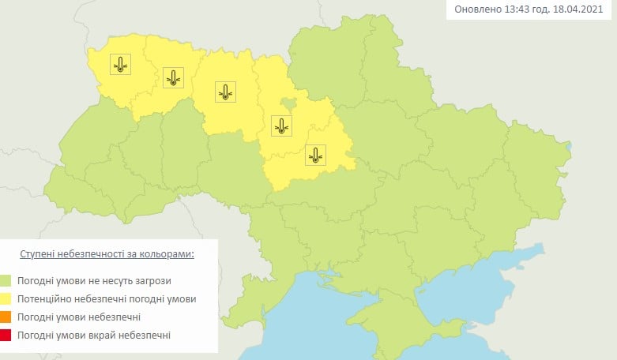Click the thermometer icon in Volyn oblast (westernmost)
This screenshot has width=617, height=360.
[120, 65]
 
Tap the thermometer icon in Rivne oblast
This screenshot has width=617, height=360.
[173, 77]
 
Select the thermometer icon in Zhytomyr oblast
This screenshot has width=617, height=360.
[226, 92]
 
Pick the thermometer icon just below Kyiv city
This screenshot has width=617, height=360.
[280, 125]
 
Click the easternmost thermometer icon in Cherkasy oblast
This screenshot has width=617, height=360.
[315, 155]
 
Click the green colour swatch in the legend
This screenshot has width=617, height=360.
[6, 280]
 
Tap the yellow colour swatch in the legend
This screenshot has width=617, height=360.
[6, 299]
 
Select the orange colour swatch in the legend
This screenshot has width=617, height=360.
[6, 317]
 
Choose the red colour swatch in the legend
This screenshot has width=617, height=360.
[6, 336]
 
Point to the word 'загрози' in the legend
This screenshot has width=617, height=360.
[152, 280]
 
